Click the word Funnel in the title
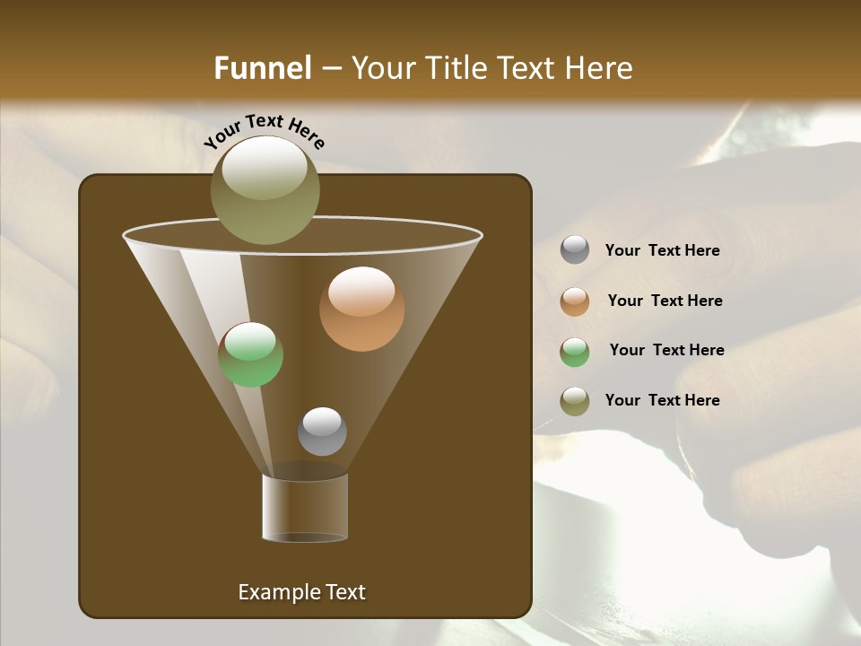(262, 68)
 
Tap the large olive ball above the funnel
(265, 190)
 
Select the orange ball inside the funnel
(361, 309)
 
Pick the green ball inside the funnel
(250, 354)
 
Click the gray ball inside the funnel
(322, 432)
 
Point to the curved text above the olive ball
(264, 131)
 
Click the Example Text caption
(301, 592)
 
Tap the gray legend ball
(575, 250)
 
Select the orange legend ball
(575, 301)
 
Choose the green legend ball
(575, 352)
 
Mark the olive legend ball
(575, 401)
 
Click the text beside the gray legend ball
(662, 251)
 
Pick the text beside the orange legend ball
(665, 301)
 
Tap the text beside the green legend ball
(666, 351)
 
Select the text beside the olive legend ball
(662, 400)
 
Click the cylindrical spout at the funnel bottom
(305, 507)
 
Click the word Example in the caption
(274, 592)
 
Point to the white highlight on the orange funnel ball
(361, 291)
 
